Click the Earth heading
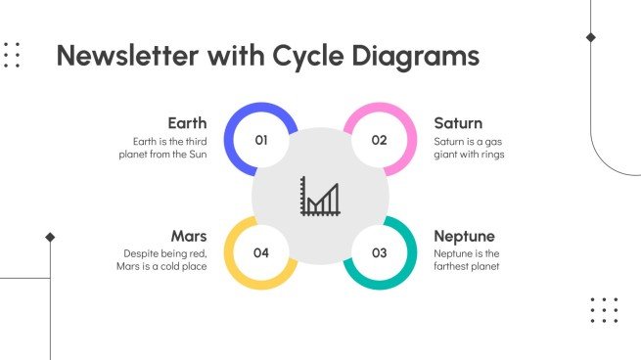pyautogui.click(x=187, y=123)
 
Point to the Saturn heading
pyautogui.click(x=458, y=123)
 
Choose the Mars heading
pyautogui.click(x=188, y=236)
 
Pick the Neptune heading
pyautogui.click(x=464, y=236)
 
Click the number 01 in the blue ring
pyautogui.click(x=261, y=140)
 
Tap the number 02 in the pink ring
pyautogui.click(x=379, y=140)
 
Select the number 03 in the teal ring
pyautogui.click(x=379, y=252)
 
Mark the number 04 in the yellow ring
pyautogui.click(x=261, y=252)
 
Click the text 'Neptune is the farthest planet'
pyautogui.click(x=467, y=259)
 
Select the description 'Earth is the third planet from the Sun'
pyautogui.click(x=162, y=148)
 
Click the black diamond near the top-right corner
pyautogui.click(x=590, y=37)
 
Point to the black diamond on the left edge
pyautogui.click(x=50, y=237)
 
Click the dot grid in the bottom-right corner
pyautogui.click(x=604, y=310)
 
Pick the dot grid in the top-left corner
pyautogui.click(x=11, y=55)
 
